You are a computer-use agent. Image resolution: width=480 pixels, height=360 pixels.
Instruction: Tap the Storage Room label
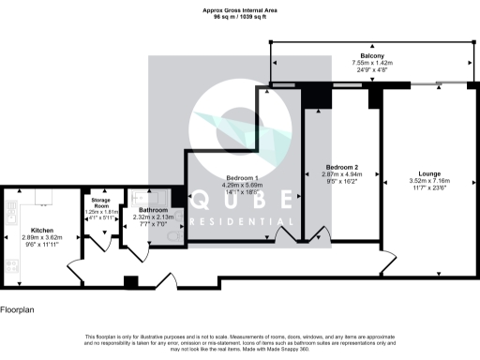99,203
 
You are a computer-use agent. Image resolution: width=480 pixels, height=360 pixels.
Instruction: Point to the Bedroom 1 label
243,178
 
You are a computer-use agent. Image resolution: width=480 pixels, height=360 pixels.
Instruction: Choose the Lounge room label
430,173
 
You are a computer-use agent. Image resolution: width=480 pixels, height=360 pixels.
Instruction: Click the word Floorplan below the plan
19,308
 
